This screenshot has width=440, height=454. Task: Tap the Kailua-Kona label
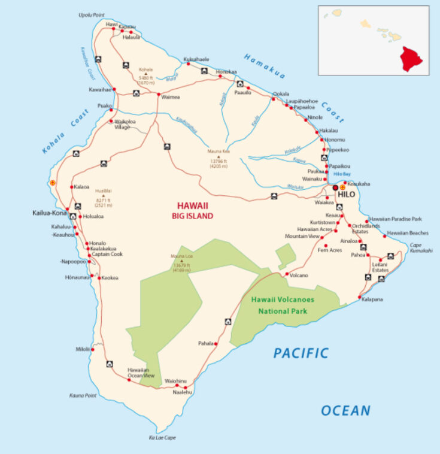pos(49,213)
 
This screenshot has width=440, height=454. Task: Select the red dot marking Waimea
pos(158,95)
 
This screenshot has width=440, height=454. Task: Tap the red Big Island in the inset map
pos(411,59)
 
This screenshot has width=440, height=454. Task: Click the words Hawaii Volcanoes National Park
pos(283,305)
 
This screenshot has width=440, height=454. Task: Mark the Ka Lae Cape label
pos(162,438)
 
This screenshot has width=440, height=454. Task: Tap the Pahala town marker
pos(216,344)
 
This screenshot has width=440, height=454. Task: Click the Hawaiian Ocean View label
pos(141,373)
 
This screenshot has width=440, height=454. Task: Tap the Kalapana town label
pos(372,299)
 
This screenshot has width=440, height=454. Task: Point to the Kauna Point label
pos(83,395)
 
